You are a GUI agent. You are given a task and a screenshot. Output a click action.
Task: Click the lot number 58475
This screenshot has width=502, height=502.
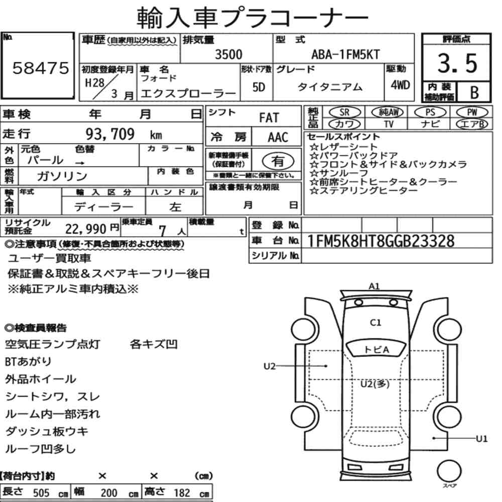tap(41, 68)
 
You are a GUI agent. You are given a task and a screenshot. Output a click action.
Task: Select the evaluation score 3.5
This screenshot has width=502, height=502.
tap(457, 63)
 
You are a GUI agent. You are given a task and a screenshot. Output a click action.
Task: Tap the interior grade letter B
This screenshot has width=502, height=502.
tap(474, 93)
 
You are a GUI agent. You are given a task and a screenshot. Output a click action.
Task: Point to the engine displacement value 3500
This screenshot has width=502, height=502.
tap(228, 54)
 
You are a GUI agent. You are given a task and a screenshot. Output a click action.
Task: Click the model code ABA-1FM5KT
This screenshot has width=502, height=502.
tap(345, 54)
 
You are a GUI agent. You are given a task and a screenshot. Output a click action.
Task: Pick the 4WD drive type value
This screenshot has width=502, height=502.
tap(400, 85)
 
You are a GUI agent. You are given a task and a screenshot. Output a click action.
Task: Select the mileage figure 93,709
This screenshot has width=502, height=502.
tap(110, 134)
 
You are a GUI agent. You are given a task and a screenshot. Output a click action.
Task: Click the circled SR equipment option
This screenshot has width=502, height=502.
tap(345, 112)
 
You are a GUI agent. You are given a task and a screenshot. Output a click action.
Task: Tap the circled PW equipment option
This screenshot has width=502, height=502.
tap(472, 112)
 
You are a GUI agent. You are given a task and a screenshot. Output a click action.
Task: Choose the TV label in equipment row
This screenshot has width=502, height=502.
tap(389, 124)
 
